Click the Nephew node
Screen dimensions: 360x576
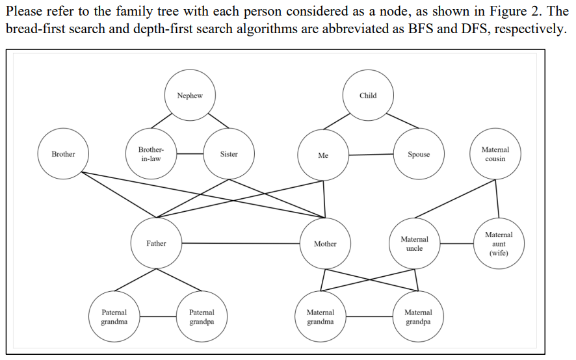tap(190, 96)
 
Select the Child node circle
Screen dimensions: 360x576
tap(368, 96)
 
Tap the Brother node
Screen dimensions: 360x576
tap(63, 154)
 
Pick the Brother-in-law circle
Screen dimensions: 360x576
tap(151, 154)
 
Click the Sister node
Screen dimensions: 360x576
tap(229, 154)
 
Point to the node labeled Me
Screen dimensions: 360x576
tap(323, 155)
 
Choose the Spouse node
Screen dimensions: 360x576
tap(419, 154)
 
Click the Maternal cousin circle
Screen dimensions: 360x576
tap(495, 154)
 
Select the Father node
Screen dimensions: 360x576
tap(156, 244)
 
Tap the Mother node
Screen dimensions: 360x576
tap(325, 244)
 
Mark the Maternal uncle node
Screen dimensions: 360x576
tap(415, 244)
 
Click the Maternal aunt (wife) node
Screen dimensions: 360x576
tap(499, 244)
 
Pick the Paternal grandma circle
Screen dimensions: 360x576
tap(114, 317)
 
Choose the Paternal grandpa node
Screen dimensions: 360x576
tap(202, 317)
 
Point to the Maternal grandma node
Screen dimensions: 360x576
tap(321, 317)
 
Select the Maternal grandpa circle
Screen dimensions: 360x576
tap(418, 317)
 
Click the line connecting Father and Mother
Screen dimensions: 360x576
tap(241, 244)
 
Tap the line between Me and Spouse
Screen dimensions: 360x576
tap(371, 155)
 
